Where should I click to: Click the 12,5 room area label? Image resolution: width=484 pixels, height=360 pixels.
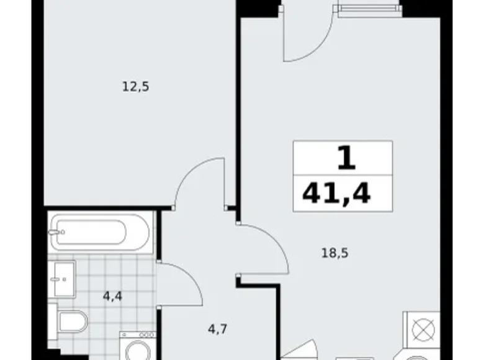point(135,87)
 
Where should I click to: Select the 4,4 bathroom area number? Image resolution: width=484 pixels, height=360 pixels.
point(112,296)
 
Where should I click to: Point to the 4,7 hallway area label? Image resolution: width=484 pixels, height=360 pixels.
point(217,329)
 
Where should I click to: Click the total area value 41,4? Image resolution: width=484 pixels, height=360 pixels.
point(337,194)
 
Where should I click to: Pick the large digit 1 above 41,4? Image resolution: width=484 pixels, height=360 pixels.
point(346,160)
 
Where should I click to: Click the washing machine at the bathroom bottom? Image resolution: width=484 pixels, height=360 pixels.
point(138,348)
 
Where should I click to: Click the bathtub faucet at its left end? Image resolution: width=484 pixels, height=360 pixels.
point(56,233)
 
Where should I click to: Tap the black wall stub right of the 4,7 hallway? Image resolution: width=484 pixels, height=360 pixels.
point(256,282)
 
